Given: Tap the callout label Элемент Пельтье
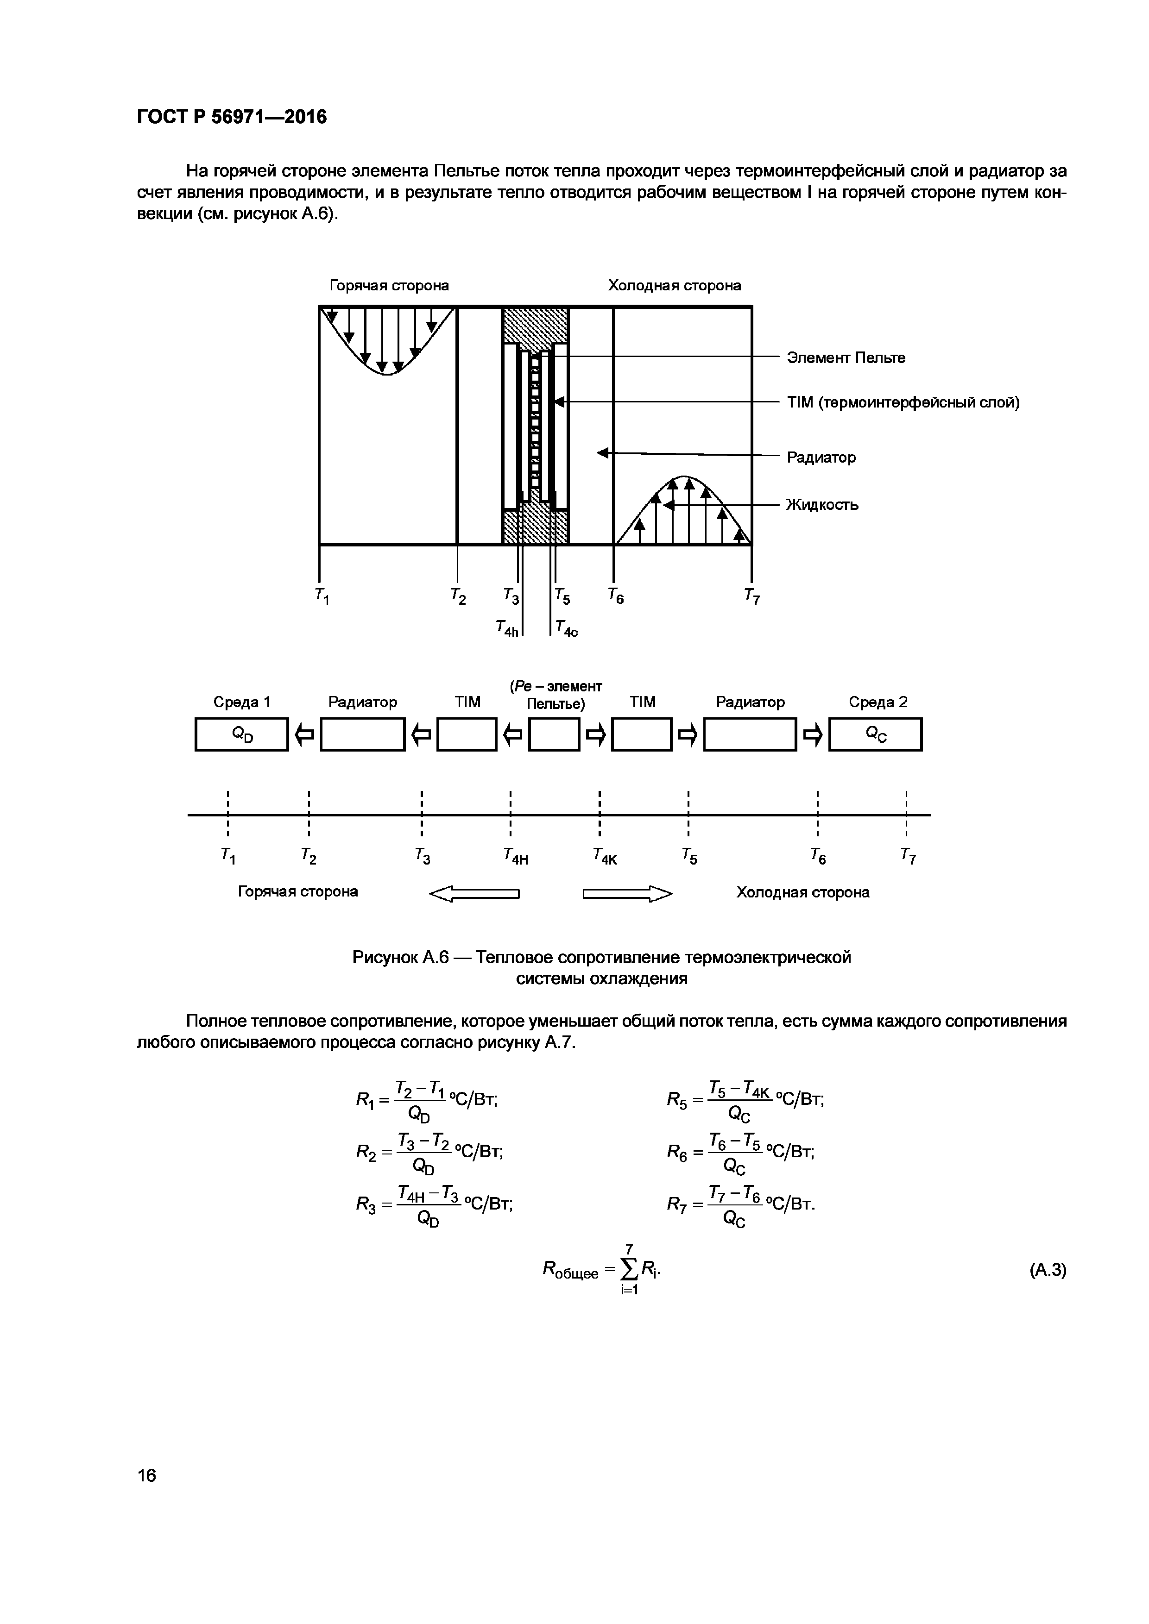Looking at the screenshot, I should tap(846, 358).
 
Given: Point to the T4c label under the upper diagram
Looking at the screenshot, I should tap(566, 628).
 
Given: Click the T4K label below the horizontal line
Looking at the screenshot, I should tap(605, 857).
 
